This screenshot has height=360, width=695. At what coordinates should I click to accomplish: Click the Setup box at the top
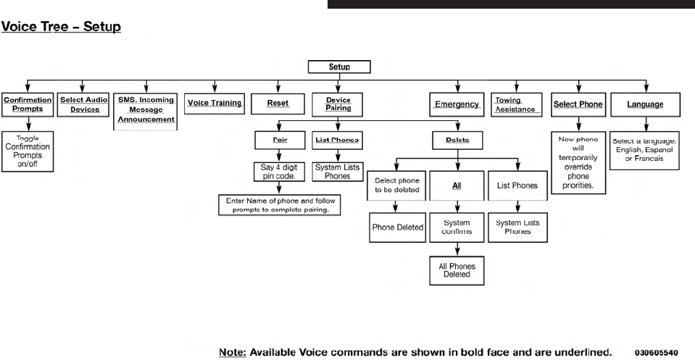tap(339, 67)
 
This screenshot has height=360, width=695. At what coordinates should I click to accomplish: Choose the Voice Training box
tap(215, 104)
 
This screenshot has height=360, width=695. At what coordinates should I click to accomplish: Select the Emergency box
tap(457, 104)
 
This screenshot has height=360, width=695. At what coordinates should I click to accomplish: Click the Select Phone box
tap(578, 104)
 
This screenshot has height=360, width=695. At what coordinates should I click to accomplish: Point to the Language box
tap(645, 104)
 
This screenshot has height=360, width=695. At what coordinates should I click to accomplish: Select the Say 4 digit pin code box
tap(278, 172)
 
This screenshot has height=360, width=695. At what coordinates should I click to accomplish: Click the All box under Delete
tap(457, 185)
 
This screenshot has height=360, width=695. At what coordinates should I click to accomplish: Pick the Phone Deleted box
tap(398, 227)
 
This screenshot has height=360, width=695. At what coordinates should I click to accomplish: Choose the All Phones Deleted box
tap(457, 271)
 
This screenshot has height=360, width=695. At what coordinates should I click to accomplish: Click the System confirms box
tap(457, 227)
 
